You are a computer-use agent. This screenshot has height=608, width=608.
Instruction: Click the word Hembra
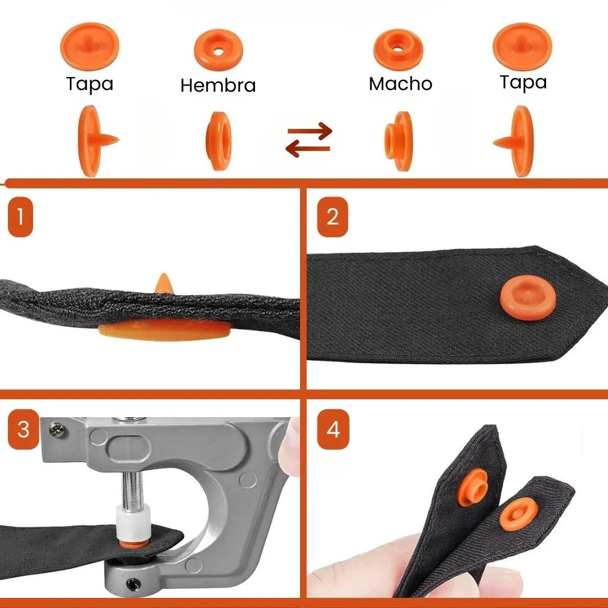tap(218, 86)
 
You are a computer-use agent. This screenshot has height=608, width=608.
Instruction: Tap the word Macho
tap(400, 84)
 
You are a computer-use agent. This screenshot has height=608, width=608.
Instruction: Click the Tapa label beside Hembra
tap(90, 84)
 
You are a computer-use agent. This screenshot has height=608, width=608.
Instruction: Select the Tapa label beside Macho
tap(523, 83)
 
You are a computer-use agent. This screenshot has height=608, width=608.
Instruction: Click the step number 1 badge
tap(20, 217)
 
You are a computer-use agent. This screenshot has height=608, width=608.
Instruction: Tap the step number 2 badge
tap(332, 217)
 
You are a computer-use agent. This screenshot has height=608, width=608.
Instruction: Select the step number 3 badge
tap(23, 429)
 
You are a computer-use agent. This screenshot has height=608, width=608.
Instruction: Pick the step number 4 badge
tap(333, 429)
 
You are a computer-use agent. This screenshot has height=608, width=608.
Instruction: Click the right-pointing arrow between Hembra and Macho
tap(310, 131)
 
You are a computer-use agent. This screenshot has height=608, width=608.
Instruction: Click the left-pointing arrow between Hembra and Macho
tap(308, 149)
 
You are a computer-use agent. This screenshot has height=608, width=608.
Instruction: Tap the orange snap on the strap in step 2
tap(527, 298)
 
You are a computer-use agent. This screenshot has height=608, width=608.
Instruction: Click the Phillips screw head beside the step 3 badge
tap(57, 430)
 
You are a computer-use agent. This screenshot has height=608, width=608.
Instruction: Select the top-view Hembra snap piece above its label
tap(218, 50)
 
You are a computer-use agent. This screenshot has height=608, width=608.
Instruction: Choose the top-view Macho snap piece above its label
tap(398, 50)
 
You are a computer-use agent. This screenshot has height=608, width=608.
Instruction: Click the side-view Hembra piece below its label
tap(218, 141)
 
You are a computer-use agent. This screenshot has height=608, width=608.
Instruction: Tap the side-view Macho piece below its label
tap(399, 141)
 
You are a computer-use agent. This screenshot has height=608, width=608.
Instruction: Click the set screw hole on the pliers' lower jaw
tap(133, 584)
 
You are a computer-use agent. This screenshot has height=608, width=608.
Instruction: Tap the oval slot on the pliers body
tap(128, 449)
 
